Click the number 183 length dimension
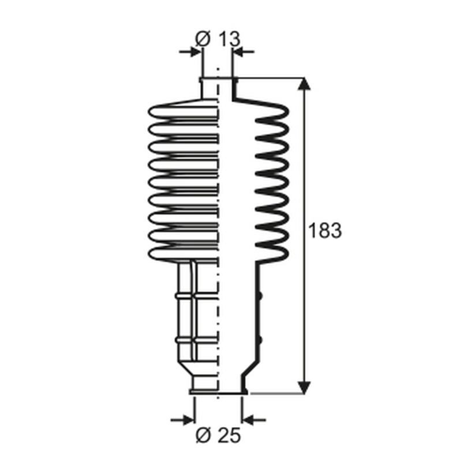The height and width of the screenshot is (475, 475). coord(325,230)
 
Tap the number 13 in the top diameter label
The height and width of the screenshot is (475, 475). coord(229,39)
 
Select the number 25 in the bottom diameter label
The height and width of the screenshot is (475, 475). coord(229,435)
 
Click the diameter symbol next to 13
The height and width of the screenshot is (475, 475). coord(203,39)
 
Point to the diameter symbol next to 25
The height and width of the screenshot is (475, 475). coord(203,435)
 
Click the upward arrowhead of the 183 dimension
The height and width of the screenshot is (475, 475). coord(304,84)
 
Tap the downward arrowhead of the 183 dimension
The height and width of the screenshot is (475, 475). coord(304,388)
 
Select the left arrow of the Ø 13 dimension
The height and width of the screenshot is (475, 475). coord(190,52)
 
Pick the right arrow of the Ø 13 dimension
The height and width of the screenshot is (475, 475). coord(244,52)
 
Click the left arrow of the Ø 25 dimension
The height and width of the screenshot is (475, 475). coord(182,420)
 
